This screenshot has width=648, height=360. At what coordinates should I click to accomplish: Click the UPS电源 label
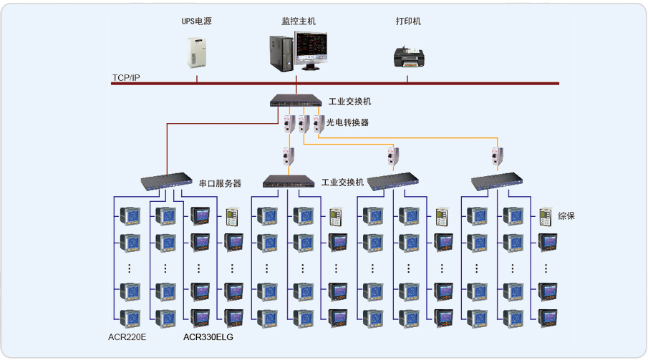tap(196, 21)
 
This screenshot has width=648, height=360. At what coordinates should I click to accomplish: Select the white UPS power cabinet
tap(196, 52)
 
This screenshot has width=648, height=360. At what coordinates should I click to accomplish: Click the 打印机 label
tap(408, 21)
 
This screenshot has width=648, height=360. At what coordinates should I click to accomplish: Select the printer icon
tap(407, 57)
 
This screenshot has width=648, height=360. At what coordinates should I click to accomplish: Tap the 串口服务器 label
tap(220, 184)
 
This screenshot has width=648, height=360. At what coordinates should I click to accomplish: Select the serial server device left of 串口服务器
tap(165, 181)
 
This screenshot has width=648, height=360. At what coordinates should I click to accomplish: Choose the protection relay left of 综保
tap(546, 216)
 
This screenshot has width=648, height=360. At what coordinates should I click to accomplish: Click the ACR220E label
tap(128, 336)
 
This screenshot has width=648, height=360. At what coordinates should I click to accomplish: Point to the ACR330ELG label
tap(208, 336)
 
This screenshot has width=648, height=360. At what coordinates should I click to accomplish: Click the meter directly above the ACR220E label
tap(130, 318)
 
